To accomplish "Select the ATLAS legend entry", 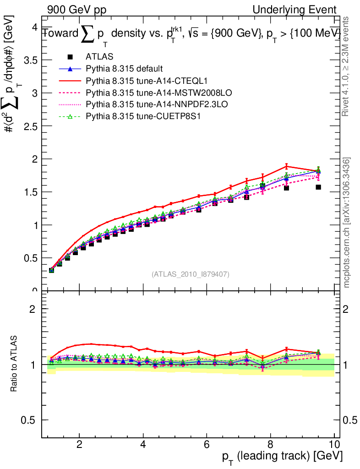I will pyautogui.click(x=98, y=57).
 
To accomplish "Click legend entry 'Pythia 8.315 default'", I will pyautogui.click(x=124, y=69).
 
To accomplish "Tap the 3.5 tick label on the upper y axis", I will pyautogui.click(x=31, y=60).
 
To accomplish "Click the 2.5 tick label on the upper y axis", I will pyautogui.click(x=31, y=126).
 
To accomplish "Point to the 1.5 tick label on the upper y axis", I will pyautogui.click(x=31, y=192).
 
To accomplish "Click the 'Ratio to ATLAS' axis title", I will pyautogui.click(x=14, y=364).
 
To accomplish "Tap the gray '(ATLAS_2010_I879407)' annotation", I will pyautogui.click(x=191, y=274).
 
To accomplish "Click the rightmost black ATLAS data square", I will pyautogui.click(x=318, y=187).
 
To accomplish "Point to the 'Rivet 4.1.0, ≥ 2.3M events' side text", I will pyautogui.click(x=347, y=66).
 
